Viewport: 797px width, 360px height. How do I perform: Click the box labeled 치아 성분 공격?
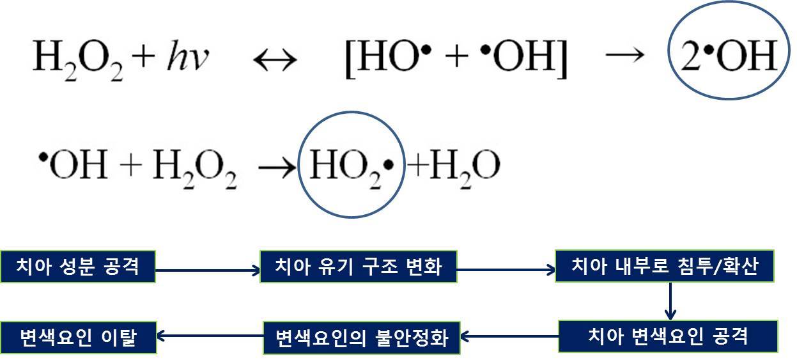click(x=77, y=267)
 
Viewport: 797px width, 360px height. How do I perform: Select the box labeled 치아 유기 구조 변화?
click(x=358, y=267)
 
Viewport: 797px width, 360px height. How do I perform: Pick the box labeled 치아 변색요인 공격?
click(x=668, y=336)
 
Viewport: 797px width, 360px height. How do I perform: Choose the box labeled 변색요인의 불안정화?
click(x=362, y=337)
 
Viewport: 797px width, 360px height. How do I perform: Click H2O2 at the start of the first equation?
click(x=86, y=59)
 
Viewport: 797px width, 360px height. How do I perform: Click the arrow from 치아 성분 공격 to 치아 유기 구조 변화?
click(x=208, y=271)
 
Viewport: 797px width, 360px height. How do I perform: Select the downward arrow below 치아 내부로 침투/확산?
click(x=670, y=301)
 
